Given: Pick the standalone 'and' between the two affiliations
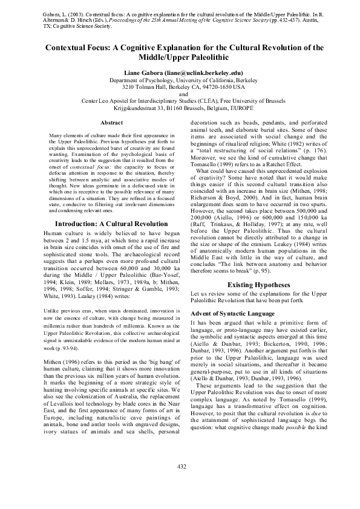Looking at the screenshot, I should [x=180, y=93].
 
